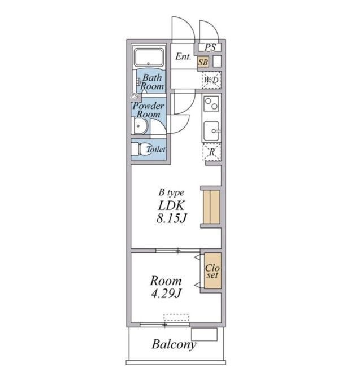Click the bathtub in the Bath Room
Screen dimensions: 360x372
149,58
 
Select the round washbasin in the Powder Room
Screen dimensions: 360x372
140,126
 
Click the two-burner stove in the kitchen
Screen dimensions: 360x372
211,103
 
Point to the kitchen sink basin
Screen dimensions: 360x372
211,131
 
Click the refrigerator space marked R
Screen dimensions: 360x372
212,152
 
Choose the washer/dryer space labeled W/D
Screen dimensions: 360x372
211,80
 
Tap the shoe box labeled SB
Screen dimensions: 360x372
203,62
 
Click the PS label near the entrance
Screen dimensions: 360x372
210,47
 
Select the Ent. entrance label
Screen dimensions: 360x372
183,56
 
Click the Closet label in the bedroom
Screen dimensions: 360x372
212,271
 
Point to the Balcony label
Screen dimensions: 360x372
174,345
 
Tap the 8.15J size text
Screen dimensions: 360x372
171,218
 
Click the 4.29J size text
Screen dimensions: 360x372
166,294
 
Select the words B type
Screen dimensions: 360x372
171,192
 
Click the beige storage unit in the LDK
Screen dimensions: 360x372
211,207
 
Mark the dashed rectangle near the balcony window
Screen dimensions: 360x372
176,317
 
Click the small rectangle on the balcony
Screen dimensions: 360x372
204,334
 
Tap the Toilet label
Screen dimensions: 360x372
155,150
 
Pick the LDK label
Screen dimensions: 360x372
171,205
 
